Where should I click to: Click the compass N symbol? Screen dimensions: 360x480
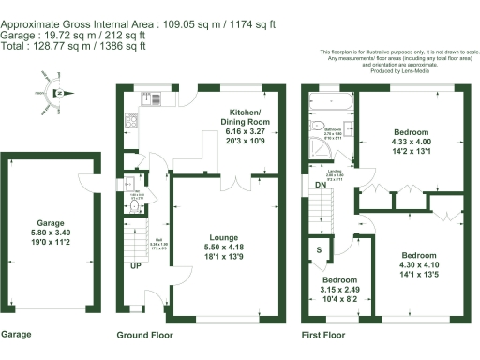click(x=56, y=92)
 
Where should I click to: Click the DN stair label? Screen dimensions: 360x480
click(x=321, y=185)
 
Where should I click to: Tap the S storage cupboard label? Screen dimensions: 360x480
click(x=320, y=250)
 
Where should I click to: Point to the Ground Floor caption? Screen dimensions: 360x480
click(x=145, y=335)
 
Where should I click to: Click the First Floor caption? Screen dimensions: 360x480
click(x=325, y=335)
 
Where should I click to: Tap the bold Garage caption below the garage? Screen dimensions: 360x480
click(x=18, y=334)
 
